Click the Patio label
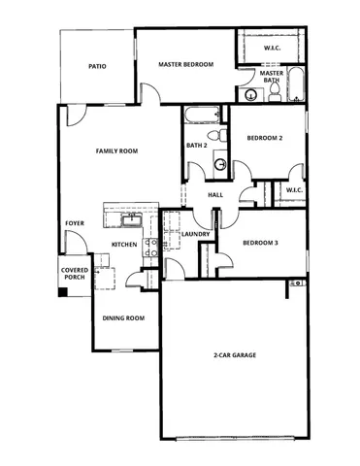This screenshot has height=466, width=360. pyautogui.click(x=97, y=67)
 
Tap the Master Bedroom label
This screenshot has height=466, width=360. pyautogui.click(x=185, y=65)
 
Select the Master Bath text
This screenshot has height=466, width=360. pyautogui.click(x=272, y=76)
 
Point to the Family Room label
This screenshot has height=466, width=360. pyautogui.click(x=115, y=151)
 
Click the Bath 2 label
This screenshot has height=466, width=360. pyautogui.click(x=198, y=147)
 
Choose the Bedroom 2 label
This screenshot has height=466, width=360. pyautogui.click(x=264, y=139)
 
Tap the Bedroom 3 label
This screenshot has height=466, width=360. pyautogui.click(x=259, y=242)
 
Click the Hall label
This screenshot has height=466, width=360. pyautogui.click(x=215, y=195)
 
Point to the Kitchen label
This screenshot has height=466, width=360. pyautogui.click(x=123, y=244)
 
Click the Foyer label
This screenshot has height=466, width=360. pyautogui.click(x=74, y=223)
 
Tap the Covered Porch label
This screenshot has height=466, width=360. pyautogui.click(x=74, y=274)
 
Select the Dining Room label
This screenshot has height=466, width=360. pyautogui.click(x=123, y=318)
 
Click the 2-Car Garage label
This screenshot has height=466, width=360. pyautogui.click(x=235, y=356)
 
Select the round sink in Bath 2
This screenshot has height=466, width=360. pyautogui.click(x=219, y=164)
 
